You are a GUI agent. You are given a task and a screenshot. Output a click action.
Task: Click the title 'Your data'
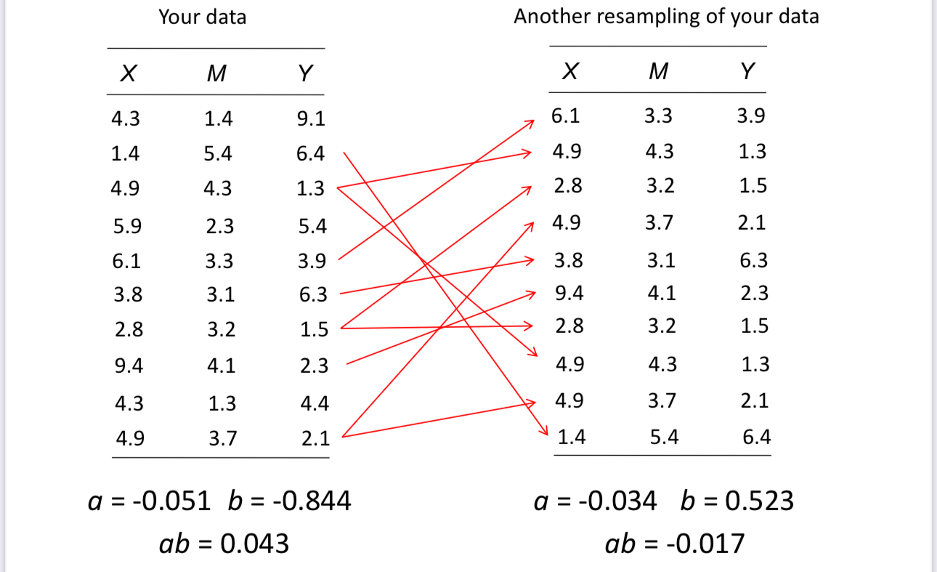click(x=202, y=17)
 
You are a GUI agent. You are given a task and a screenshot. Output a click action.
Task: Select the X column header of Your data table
click(x=129, y=73)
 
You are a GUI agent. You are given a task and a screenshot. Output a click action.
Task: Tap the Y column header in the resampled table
click(x=747, y=71)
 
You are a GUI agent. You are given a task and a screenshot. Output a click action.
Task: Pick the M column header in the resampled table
click(x=658, y=71)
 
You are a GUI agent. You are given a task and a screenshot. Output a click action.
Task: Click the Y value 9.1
click(x=312, y=118)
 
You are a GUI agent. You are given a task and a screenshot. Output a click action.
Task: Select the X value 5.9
click(x=127, y=226)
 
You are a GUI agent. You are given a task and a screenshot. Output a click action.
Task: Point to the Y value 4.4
click(x=315, y=403)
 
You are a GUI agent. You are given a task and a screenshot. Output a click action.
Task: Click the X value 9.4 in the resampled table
click(x=569, y=293)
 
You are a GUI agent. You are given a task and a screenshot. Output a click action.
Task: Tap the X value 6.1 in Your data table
click(x=127, y=261)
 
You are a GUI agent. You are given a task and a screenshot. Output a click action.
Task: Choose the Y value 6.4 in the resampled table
click(x=756, y=438)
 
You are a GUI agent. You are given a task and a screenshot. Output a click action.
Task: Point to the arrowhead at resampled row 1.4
click(x=542, y=432)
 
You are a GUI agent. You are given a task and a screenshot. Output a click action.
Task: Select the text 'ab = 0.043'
click(x=224, y=543)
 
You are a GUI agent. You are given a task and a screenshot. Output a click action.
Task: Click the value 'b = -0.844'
click(x=290, y=501)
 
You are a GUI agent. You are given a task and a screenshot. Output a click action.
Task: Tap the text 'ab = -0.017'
click(x=675, y=543)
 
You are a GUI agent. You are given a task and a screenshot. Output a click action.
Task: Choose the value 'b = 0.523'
click(x=737, y=501)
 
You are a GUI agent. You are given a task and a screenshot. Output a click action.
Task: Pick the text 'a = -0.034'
click(x=595, y=501)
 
